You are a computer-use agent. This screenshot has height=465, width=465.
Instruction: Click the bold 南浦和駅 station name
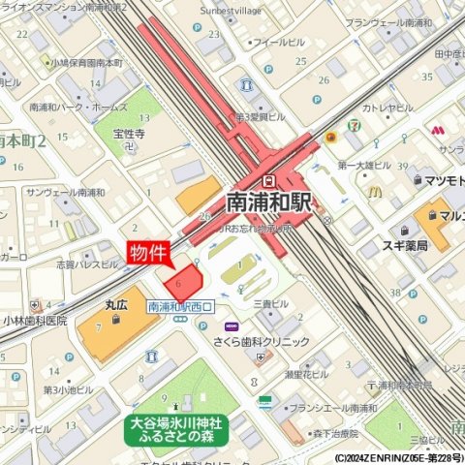tap(267, 203)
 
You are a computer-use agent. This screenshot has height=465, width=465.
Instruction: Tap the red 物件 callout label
tap(148, 253)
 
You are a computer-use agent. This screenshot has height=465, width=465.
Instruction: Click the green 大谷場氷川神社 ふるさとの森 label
tap(176, 429)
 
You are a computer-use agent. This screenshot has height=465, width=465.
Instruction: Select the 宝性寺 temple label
tap(128, 135)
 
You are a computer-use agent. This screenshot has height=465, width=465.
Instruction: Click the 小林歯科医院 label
tap(35, 321)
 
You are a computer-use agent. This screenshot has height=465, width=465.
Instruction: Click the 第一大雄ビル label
tap(364, 166)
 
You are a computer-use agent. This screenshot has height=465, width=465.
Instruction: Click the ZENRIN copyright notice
tap(398, 457)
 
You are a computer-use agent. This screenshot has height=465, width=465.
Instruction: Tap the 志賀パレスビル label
tap(87, 263)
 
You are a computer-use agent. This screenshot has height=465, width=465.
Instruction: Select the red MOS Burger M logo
tap(438, 129)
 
